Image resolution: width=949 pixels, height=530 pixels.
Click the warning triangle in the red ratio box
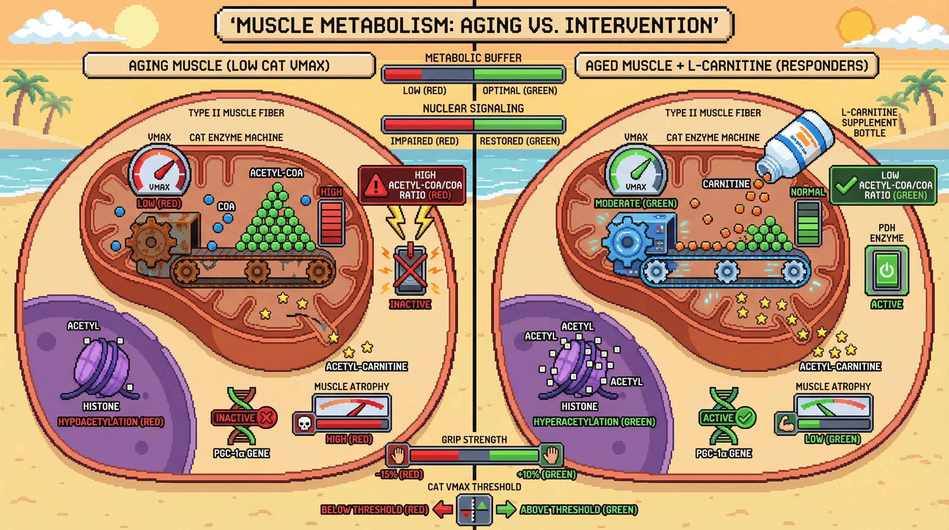[375, 185]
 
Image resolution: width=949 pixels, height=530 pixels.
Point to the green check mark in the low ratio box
[846, 185]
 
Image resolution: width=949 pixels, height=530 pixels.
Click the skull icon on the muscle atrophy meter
[304, 423]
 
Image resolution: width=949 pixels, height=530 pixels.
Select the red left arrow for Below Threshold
[442, 510]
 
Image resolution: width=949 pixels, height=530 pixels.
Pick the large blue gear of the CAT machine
[627, 242]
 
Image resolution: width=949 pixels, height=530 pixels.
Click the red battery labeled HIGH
[331, 223]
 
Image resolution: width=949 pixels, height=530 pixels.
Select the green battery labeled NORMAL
[808, 223]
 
